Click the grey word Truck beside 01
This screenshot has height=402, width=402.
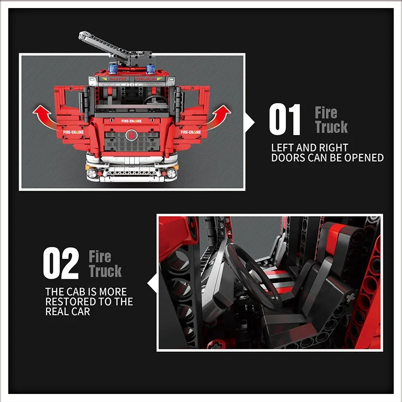[331, 128]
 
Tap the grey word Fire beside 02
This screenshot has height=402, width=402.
[99, 257]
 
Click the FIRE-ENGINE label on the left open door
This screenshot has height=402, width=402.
[73, 132]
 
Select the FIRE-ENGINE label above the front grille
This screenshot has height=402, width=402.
[132, 121]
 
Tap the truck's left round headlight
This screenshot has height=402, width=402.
[92, 173]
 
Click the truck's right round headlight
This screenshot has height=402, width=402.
[171, 173]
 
